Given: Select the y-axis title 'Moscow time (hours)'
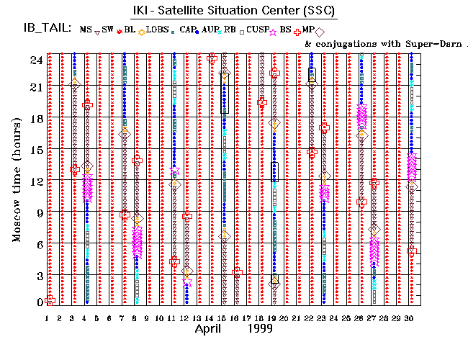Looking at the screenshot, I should tap(17, 174).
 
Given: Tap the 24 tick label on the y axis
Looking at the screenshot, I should tap(35, 60).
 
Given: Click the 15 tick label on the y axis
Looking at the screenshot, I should tap(35, 150).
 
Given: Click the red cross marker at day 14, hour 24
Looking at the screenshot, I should tap(212, 58).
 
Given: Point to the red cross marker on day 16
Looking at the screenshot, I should tap(238, 272).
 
